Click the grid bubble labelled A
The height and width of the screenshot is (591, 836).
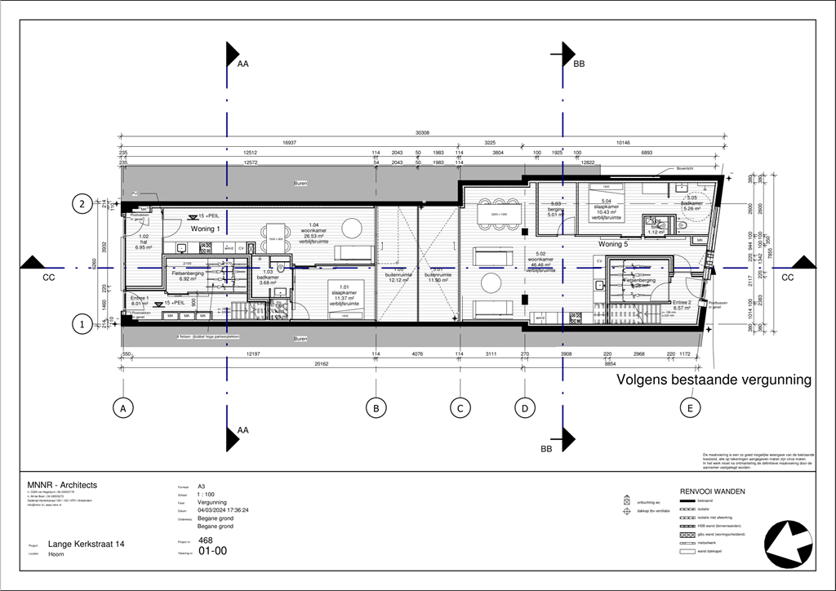tap(122, 408)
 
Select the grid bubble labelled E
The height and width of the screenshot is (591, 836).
tap(691, 408)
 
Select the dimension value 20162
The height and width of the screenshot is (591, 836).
tap(248, 364)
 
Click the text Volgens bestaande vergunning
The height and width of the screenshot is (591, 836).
tap(714, 380)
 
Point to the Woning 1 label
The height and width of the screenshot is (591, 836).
tap(204, 229)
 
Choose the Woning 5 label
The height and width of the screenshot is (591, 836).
tap(613, 244)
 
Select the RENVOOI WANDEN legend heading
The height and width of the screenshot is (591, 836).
tap(710, 492)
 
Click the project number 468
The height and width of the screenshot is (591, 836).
tap(206, 540)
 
